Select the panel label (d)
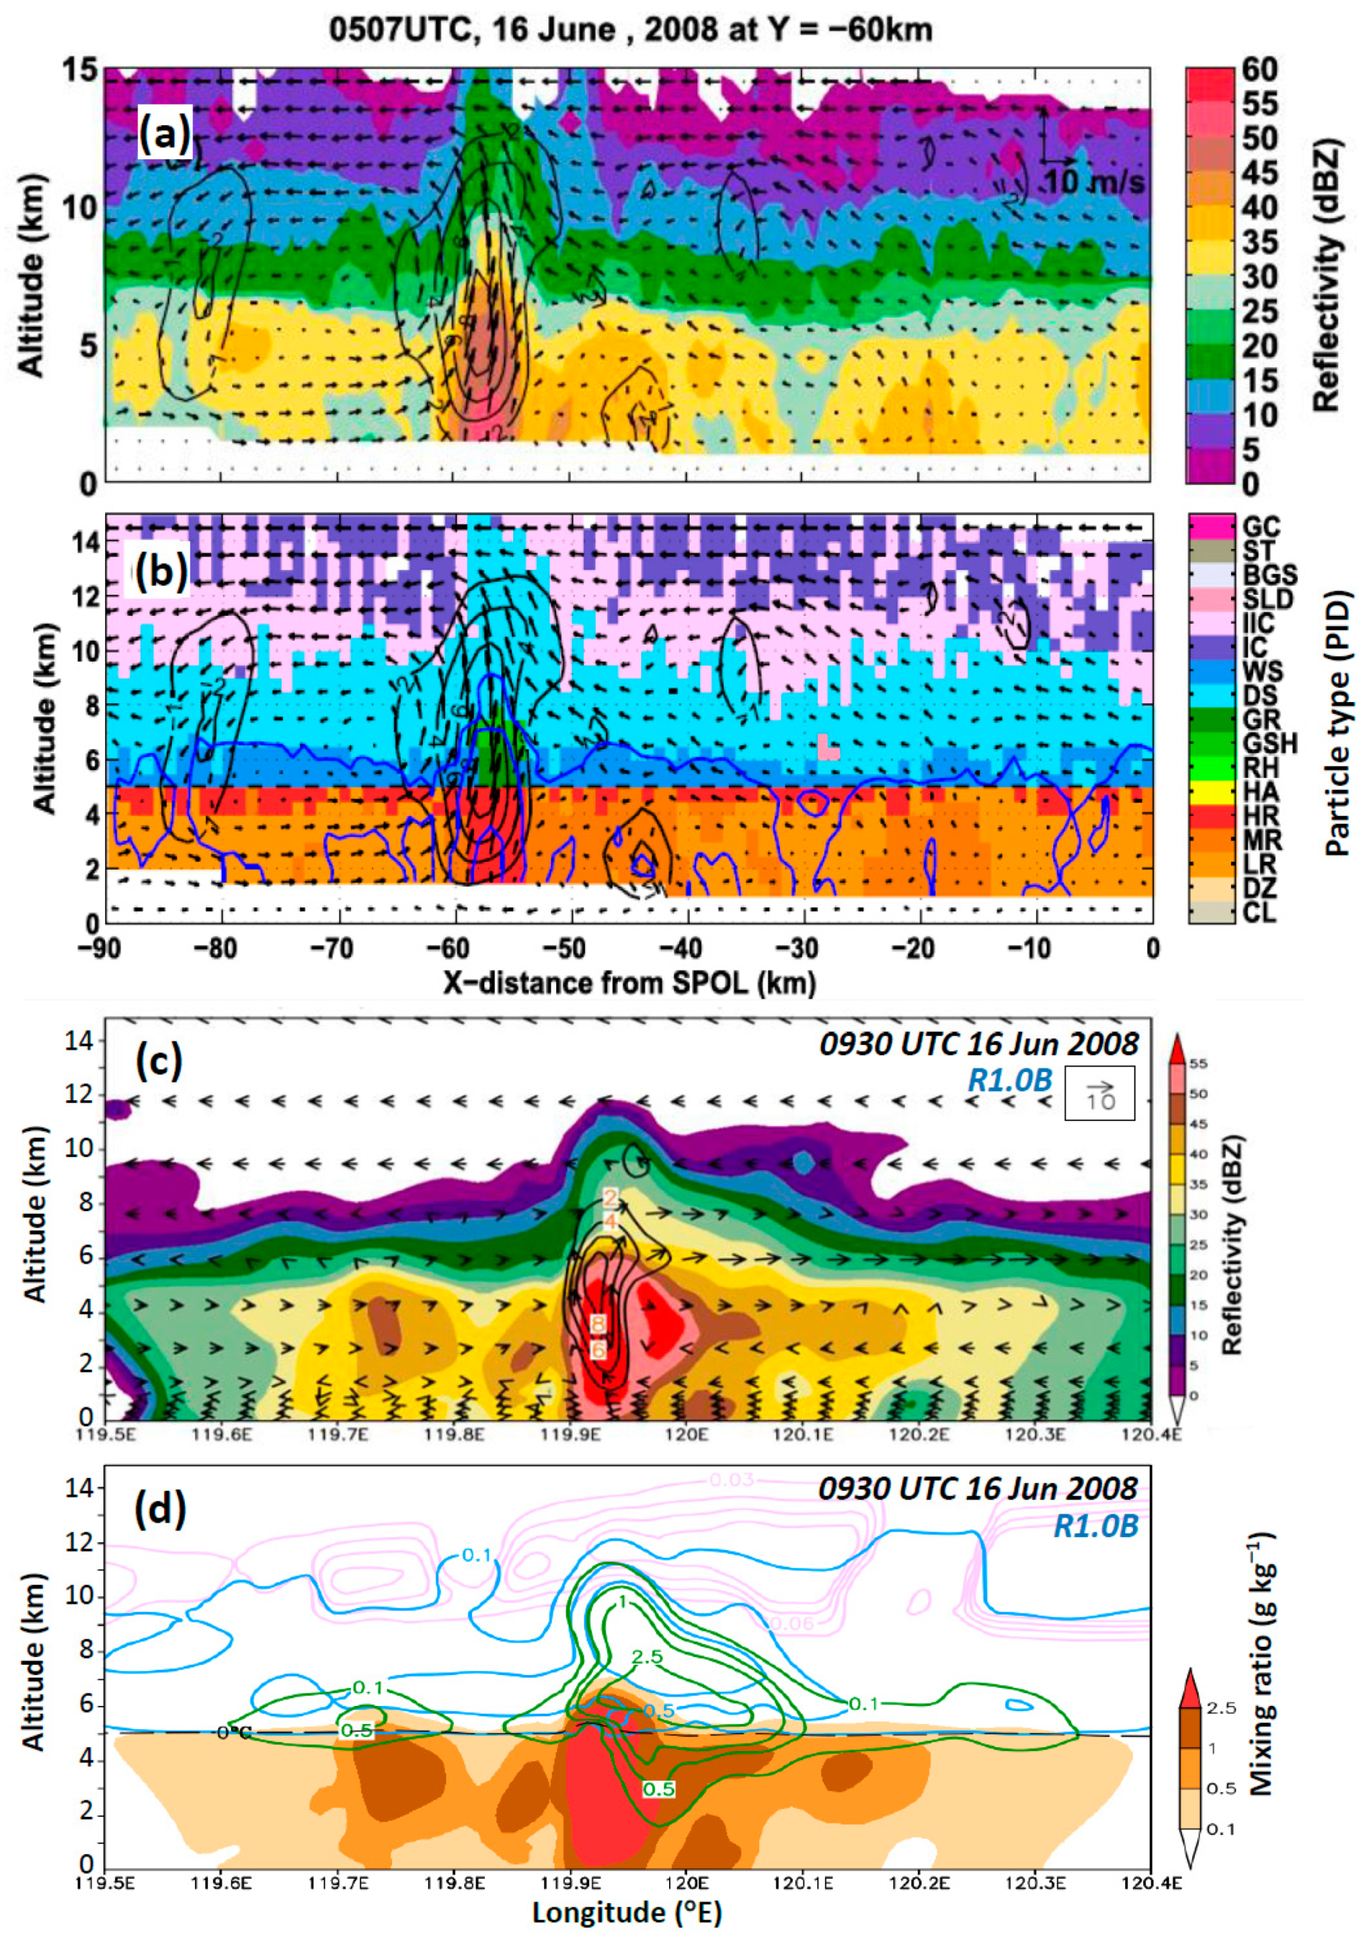tap(160, 1512)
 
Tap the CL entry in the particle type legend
tap(1259, 913)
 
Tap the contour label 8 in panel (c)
tap(599, 1323)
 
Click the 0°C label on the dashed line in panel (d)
tap(234, 1732)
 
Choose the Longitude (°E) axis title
tap(627, 1912)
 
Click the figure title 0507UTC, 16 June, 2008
tap(630, 30)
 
